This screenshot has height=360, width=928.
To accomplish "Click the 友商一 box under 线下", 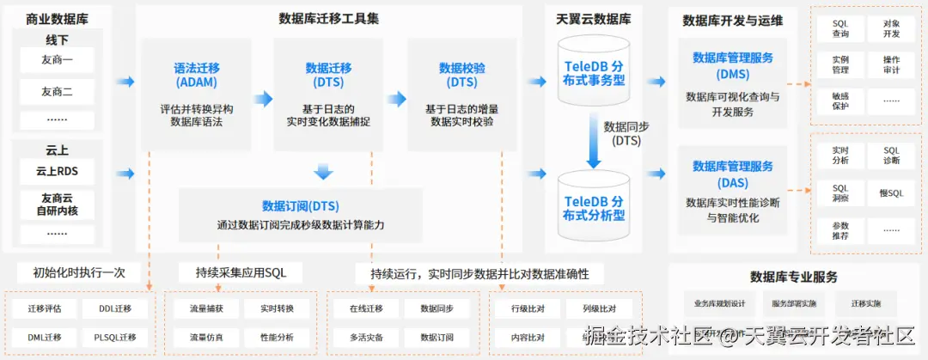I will coord(57,60).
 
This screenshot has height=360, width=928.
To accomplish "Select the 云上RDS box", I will coord(57,170).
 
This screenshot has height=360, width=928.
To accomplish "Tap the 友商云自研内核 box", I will coord(57,203).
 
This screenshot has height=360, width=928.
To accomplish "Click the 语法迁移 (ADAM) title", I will coord(196,75).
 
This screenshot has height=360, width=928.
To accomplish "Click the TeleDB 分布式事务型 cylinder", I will coord(595,73).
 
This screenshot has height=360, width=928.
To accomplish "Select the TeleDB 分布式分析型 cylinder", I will coord(595,207).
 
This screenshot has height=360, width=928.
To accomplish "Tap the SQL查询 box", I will coord(840,28).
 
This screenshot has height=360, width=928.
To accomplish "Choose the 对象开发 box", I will coord(891,28).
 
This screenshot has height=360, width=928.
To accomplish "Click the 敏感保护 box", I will coord(840,101).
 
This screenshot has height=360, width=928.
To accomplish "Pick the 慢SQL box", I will coord(891,193).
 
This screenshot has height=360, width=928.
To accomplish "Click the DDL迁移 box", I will coord(115,308).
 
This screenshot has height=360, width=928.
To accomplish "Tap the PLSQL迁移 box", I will coord(115,337).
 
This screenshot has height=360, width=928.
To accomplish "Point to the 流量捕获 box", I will coord(205,308).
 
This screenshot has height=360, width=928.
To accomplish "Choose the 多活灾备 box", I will coord(366,337).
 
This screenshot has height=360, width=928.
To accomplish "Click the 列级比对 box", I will coord(599,308).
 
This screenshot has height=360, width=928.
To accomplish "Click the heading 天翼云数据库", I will coord(594,17).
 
